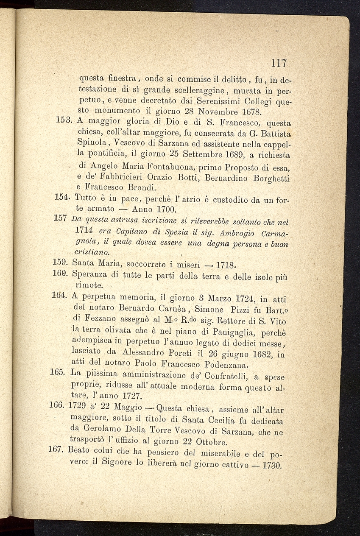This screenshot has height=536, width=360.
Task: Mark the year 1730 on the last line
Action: pos(272,465)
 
